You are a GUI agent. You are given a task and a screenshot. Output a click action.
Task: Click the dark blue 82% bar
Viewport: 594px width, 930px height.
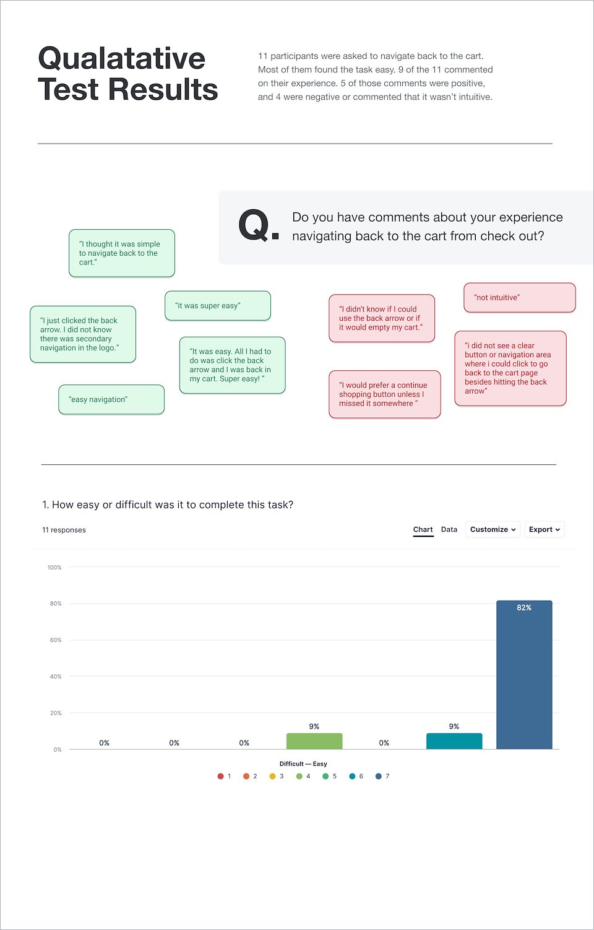pyautogui.click(x=524, y=675)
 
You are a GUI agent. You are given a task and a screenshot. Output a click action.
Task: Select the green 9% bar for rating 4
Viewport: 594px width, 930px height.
pyautogui.click(x=314, y=741)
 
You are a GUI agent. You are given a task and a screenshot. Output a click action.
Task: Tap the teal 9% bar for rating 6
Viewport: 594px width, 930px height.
pyautogui.click(x=454, y=741)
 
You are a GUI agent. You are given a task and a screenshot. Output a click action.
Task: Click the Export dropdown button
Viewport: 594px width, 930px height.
pyautogui.click(x=544, y=529)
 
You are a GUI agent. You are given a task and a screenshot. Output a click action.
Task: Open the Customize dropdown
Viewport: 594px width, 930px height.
pyautogui.click(x=493, y=529)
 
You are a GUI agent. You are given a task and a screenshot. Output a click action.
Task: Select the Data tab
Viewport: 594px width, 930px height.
pyautogui.click(x=449, y=529)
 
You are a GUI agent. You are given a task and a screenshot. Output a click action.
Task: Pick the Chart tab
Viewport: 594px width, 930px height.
pyautogui.click(x=423, y=530)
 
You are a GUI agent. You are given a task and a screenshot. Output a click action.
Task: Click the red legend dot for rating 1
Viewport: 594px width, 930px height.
pyautogui.click(x=221, y=776)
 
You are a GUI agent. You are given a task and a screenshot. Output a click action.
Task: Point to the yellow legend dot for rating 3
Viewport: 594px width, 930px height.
pyautogui.click(x=272, y=776)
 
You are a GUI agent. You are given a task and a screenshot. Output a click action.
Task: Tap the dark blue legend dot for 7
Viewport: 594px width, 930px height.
pyautogui.click(x=378, y=776)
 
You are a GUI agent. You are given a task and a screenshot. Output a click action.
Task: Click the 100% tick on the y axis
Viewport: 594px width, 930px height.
pyautogui.click(x=54, y=567)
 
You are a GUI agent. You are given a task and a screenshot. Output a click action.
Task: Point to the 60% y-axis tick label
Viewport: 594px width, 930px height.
pyautogui.click(x=56, y=640)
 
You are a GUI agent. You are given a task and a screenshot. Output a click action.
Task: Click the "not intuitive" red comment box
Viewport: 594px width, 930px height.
pyautogui.click(x=520, y=298)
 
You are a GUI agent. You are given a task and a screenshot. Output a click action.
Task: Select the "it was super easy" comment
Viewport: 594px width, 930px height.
pyautogui.click(x=218, y=306)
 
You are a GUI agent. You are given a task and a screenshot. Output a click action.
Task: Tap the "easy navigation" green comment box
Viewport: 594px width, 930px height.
pyautogui.click(x=111, y=399)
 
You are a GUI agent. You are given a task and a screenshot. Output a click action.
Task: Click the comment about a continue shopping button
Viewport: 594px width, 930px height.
pyautogui.click(x=384, y=394)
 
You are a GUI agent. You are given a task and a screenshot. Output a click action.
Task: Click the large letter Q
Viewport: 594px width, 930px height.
pyautogui.click(x=254, y=225)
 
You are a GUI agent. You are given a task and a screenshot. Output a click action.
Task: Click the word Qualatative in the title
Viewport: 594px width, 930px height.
pyautogui.click(x=121, y=59)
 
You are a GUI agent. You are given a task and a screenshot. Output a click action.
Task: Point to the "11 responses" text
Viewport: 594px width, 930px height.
pyautogui.click(x=64, y=530)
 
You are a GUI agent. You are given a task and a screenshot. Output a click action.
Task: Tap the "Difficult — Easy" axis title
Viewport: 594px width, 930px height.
pyautogui.click(x=303, y=763)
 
